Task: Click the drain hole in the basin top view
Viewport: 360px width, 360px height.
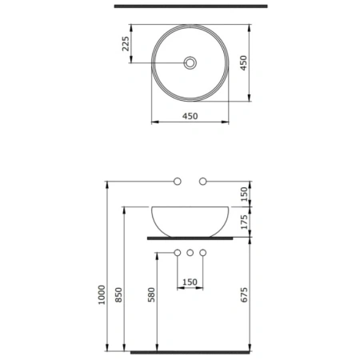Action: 190,62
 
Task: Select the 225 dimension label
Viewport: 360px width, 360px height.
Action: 126,44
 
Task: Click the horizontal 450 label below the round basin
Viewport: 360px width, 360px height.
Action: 190,116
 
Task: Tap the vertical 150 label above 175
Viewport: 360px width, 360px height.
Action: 245,193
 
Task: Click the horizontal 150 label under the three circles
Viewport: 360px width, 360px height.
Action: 190,282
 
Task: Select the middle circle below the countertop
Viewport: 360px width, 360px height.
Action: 190,254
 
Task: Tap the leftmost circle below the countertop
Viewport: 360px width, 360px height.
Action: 178,254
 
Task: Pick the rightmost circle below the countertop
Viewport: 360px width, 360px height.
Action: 203,254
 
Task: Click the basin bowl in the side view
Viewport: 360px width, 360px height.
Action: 190,220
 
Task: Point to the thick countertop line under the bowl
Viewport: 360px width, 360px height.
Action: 190,238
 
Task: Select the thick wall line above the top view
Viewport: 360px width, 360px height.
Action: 190,6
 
